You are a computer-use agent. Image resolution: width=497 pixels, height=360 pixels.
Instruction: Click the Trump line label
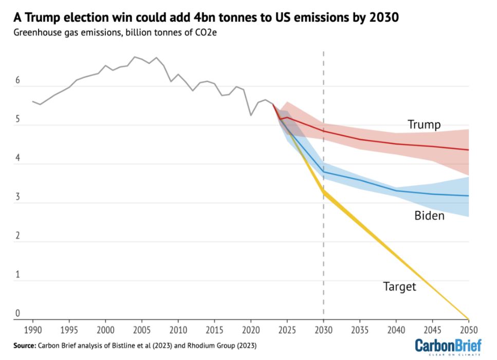[x=424, y=124]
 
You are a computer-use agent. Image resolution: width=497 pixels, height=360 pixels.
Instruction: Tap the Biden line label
[x=429, y=215]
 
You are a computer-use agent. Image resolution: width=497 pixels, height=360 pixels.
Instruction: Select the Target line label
[x=399, y=286]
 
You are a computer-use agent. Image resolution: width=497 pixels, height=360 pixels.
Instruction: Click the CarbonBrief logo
[x=448, y=346]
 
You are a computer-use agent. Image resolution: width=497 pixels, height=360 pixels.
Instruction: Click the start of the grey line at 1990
[x=32, y=101]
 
